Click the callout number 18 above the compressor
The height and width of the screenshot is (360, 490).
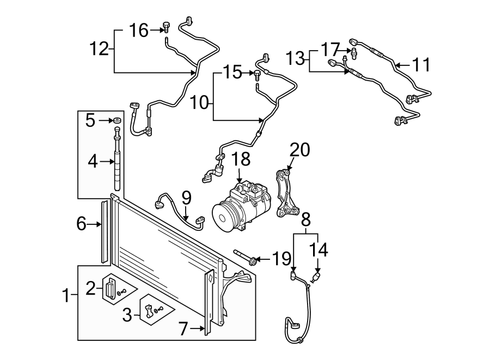[240, 159]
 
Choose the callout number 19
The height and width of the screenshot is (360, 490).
[282, 259]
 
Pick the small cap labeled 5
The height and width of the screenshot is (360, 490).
[117, 120]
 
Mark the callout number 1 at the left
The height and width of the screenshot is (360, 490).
[66, 297]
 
